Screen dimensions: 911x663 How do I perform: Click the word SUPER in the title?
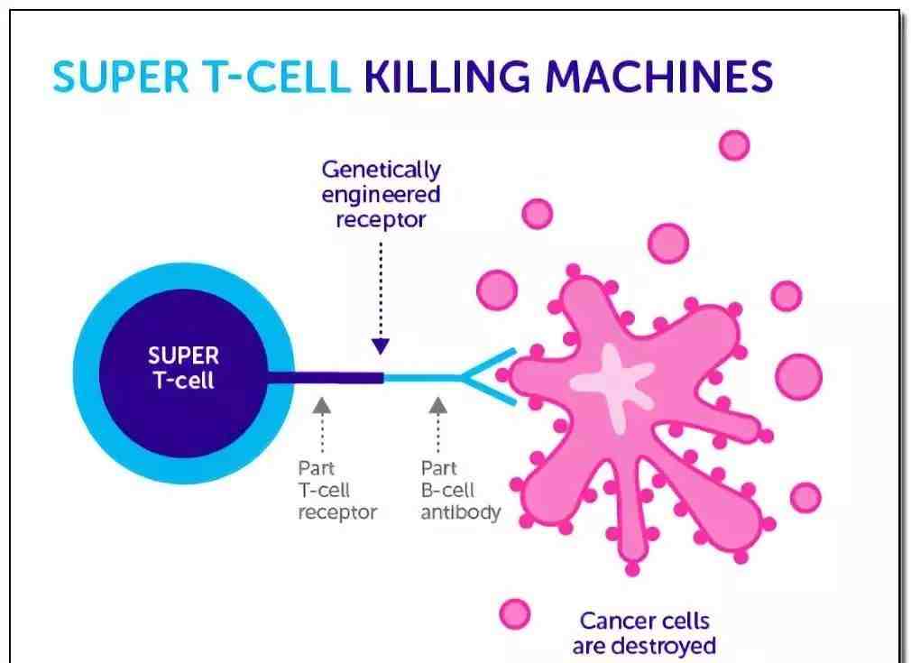[x=121, y=78]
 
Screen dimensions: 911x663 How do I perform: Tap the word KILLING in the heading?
[x=446, y=78]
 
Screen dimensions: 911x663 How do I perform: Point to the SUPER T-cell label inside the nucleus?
[x=184, y=368]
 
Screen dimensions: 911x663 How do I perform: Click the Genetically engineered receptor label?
[x=382, y=195]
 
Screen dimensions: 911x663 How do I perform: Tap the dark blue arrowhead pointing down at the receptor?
[x=381, y=346]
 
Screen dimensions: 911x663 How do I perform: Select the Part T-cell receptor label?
[x=337, y=491]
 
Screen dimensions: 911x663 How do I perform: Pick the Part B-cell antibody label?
[x=461, y=491]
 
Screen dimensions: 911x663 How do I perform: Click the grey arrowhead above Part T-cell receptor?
[x=322, y=406]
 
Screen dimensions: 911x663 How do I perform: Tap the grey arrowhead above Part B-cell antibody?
[x=438, y=406]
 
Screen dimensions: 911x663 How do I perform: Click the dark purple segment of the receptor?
[x=326, y=378]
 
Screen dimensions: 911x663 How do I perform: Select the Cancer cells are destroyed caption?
[x=644, y=633]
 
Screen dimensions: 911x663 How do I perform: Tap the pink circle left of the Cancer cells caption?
[x=515, y=614]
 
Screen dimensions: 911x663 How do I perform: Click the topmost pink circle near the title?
[x=734, y=145]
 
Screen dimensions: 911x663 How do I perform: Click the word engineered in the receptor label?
[x=382, y=195]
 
